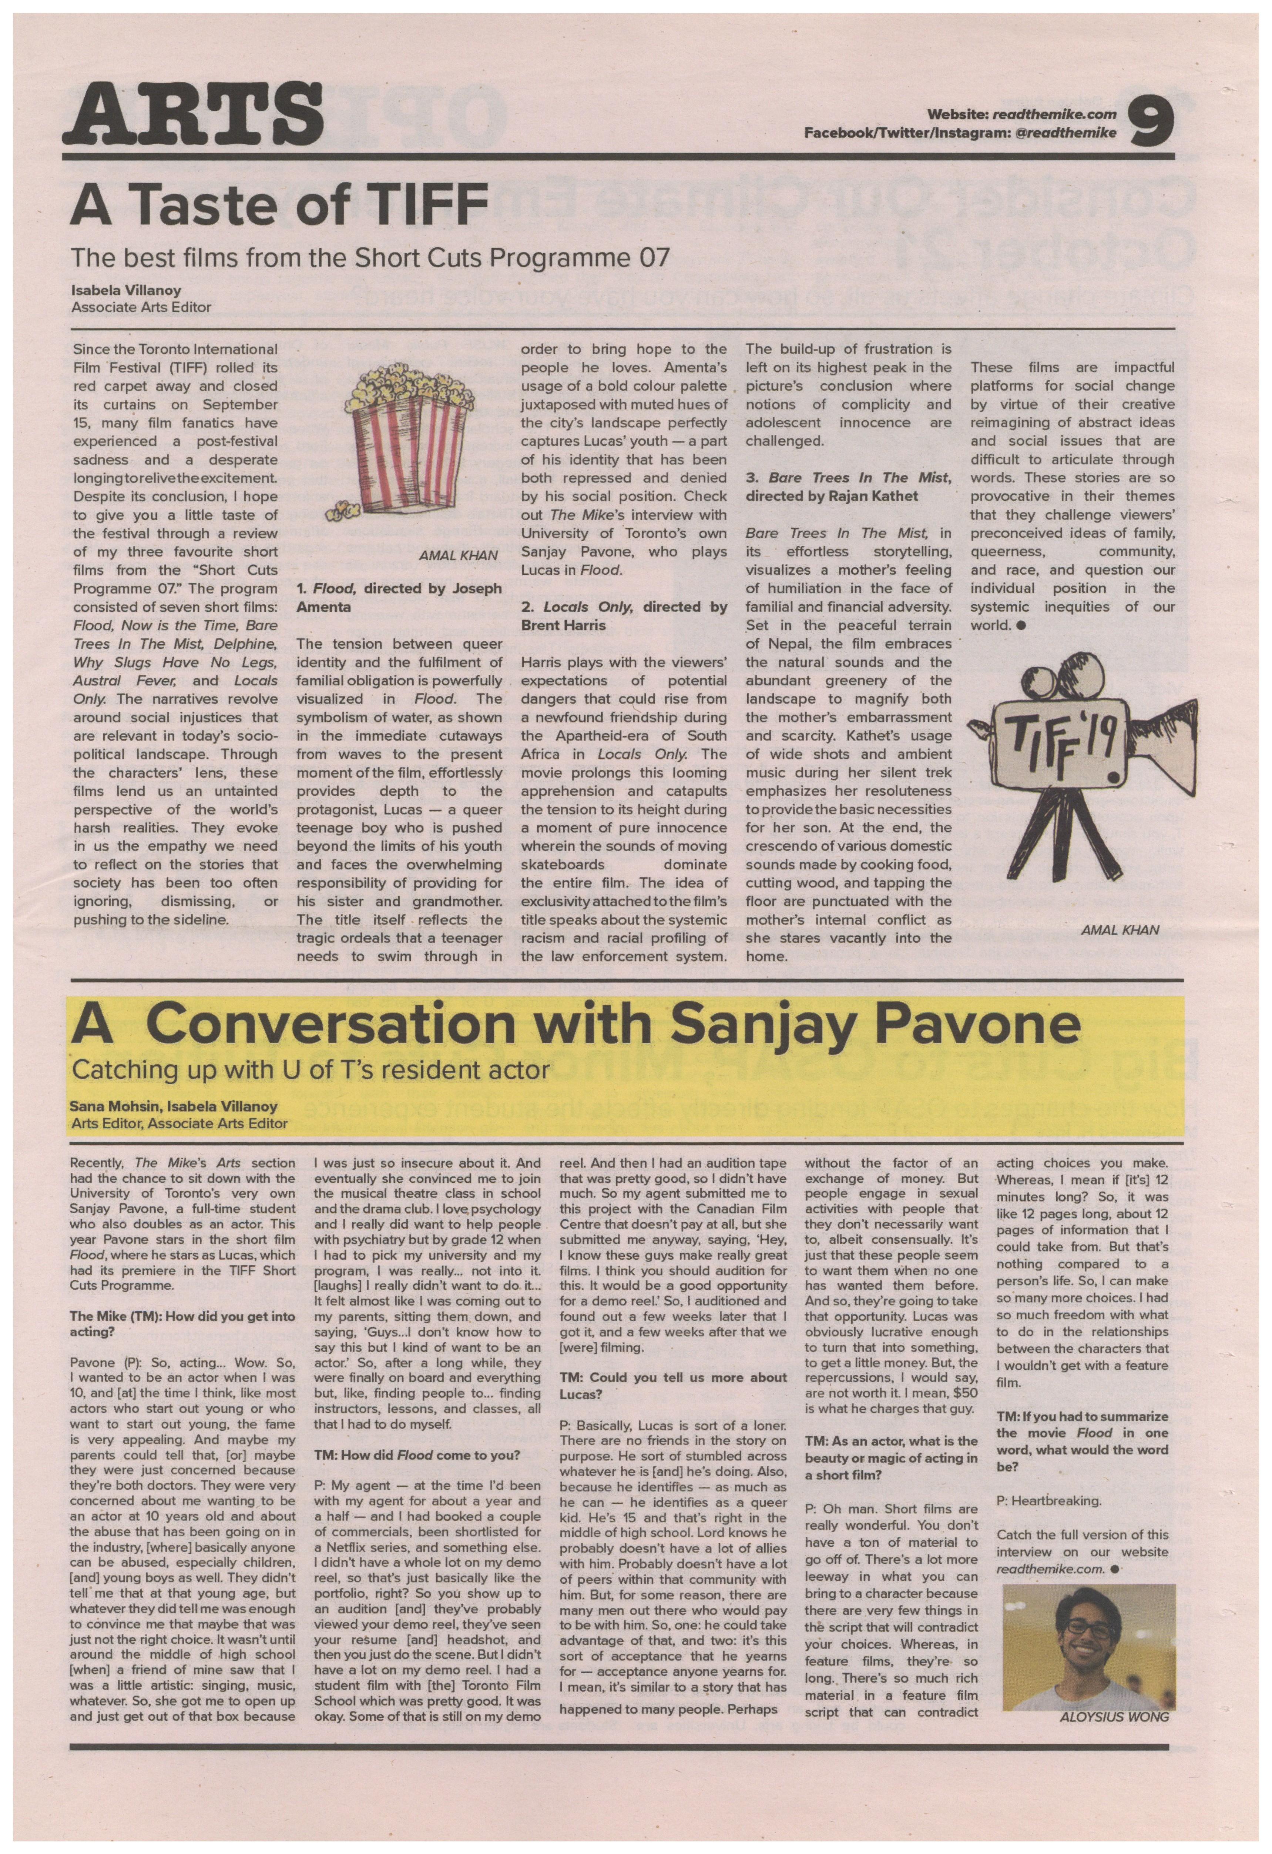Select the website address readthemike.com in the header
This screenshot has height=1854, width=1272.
click(1054, 115)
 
